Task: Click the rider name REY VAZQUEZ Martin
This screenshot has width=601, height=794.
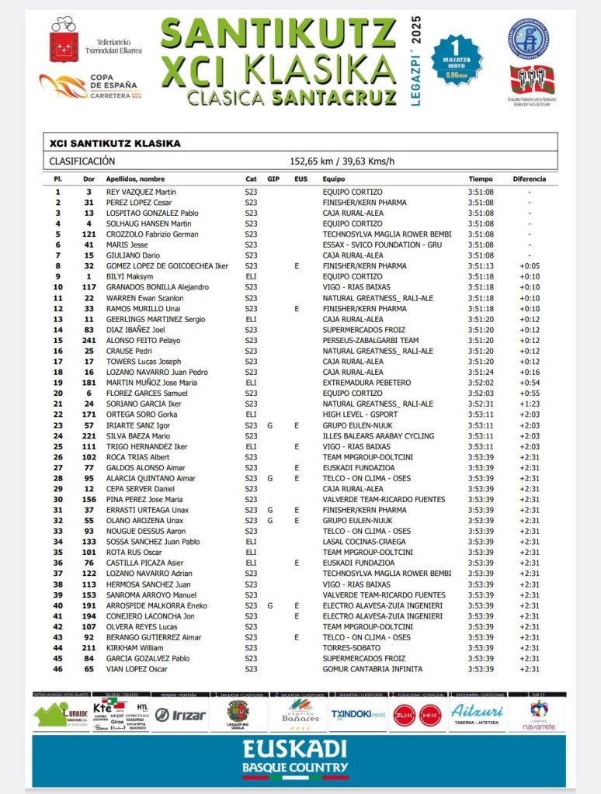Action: coord(141,192)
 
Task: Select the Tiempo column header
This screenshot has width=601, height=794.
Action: coord(480,179)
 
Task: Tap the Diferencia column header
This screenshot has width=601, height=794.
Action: coord(530,179)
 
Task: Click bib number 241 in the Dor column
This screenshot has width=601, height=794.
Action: coord(89,340)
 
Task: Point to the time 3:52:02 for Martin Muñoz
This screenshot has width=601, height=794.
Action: coord(481,383)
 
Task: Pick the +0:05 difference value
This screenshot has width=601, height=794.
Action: coord(530,266)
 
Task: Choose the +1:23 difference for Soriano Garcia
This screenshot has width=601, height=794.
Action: coord(530,404)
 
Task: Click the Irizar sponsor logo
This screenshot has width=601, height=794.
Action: coord(181,715)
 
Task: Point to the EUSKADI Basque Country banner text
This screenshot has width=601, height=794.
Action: coord(294,758)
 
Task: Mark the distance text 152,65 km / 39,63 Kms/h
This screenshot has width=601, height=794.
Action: coord(342,161)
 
